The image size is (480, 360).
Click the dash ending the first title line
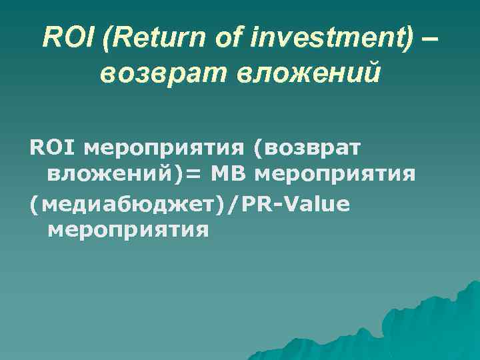pyautogui.click(x=431, y=39)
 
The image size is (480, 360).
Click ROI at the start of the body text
pyautogui.click(x=46, y=145)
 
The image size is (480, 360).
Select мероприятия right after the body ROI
pyautogui.click(x=153, y=146)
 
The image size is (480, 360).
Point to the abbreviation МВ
pyautogui.click(x=229, y=174)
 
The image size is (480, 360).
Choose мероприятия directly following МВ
pyautogui.click(x=336, y=175)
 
